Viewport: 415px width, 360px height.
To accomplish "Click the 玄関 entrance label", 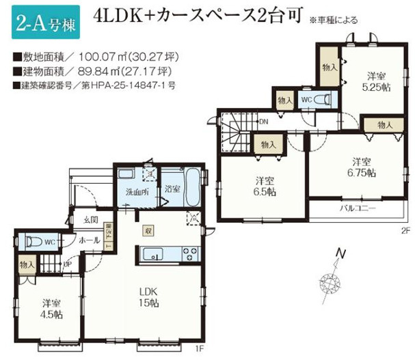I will (90, 219).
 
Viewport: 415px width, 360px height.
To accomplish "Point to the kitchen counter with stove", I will (171, 254).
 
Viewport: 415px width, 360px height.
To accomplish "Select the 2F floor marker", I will (405, 230).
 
